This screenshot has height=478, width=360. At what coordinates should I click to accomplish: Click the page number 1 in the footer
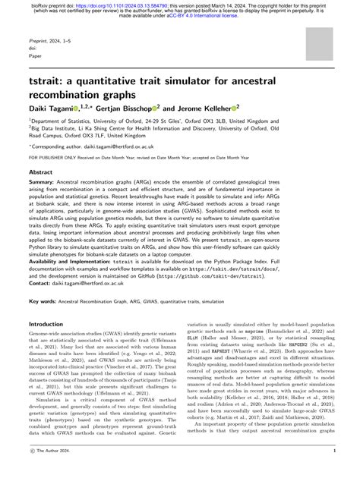[x=335, y=470]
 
